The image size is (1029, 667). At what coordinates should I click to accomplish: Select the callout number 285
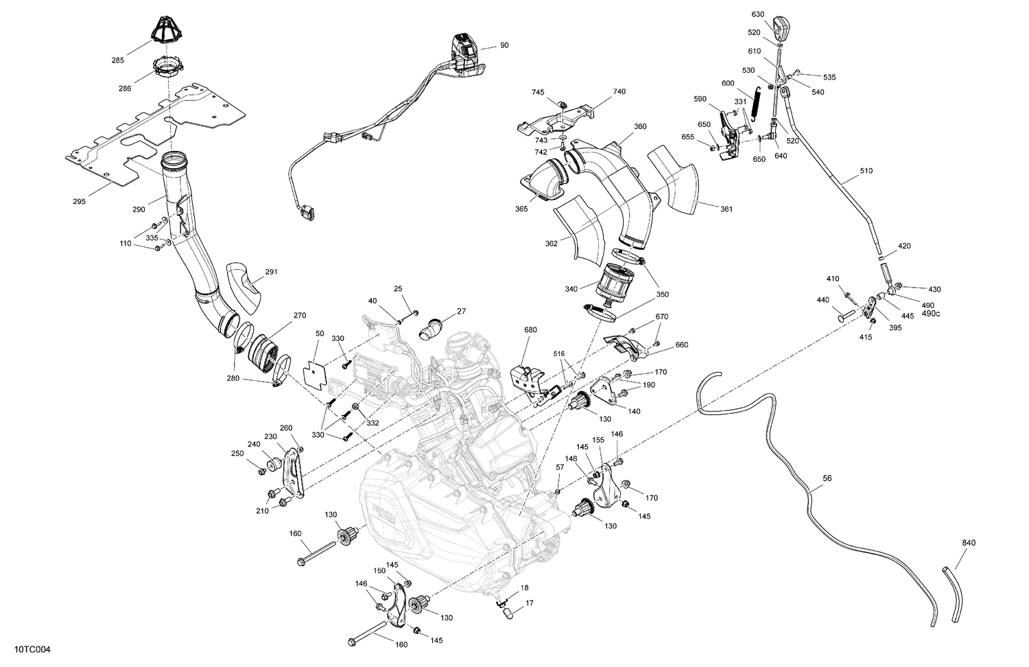click(x=118, y=60)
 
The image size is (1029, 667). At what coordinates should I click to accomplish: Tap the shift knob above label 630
click(x=781, y=30)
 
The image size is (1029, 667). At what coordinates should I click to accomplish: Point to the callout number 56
click(x=827, y=478)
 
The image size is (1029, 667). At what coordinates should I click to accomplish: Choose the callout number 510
click(x=866, y=171)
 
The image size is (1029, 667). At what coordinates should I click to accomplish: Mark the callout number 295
click(x=80, y=202)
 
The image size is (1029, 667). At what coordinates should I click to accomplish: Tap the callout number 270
click(x=300, y=316)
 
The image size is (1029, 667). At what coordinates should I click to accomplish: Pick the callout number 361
click(x=726, y=209)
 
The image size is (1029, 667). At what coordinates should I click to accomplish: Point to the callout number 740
click(x=619, y=91)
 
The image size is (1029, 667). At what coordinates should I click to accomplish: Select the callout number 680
click(x=530, y=329)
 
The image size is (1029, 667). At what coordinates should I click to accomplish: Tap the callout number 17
click(x=530, y=604)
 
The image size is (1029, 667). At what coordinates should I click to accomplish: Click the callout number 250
click(x=237, y=454)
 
